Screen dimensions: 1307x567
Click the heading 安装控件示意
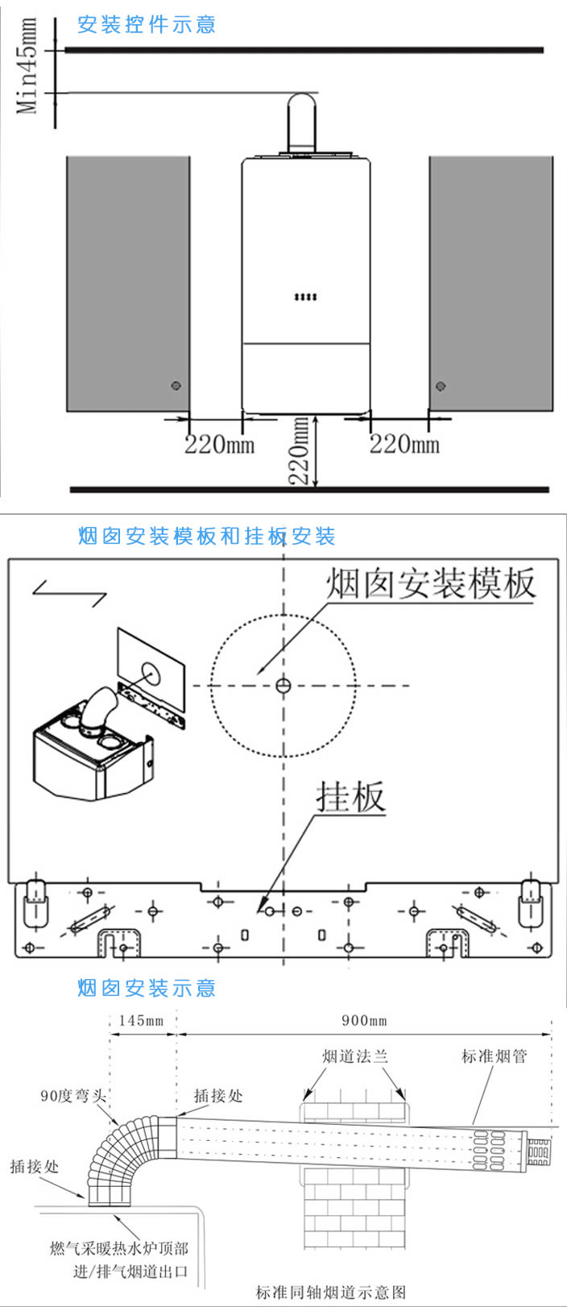(x=147, y=25)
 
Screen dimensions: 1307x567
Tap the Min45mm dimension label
(x=28, y=66)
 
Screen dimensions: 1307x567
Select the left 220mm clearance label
(x=219, y=444)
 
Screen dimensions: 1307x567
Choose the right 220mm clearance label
(x=404, y=444)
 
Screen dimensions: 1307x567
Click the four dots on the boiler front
(x=305, y=297)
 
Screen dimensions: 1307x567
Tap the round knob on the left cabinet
(x=176, y=386)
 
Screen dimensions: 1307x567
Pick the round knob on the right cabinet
(x=441, y=386)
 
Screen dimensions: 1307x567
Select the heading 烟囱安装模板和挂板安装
(x=207, y=536)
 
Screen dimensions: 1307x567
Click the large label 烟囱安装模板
(x=430, y=583)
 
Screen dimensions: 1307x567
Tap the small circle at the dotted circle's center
(x=283, y=686)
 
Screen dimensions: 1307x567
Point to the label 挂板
(x=350, y=797)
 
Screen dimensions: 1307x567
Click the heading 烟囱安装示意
(x=147, y=988)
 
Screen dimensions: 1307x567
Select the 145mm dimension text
(x=141, y=1021)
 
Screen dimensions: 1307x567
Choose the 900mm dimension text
(x=364, y=1021)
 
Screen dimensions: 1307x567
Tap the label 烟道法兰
(x=354, y=1056)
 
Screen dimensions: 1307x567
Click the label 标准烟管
(x=494, y=1056)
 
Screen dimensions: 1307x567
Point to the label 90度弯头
(x=73, y=1096)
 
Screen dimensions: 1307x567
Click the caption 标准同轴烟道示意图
(x=331, y=1292)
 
